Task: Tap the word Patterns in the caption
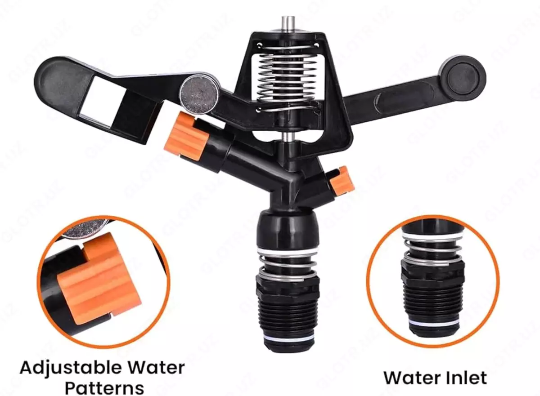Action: pos(104,387)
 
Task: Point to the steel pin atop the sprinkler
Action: pos(289,23)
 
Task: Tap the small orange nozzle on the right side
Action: pos(342,182)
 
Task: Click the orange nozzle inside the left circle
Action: pos(99,276)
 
